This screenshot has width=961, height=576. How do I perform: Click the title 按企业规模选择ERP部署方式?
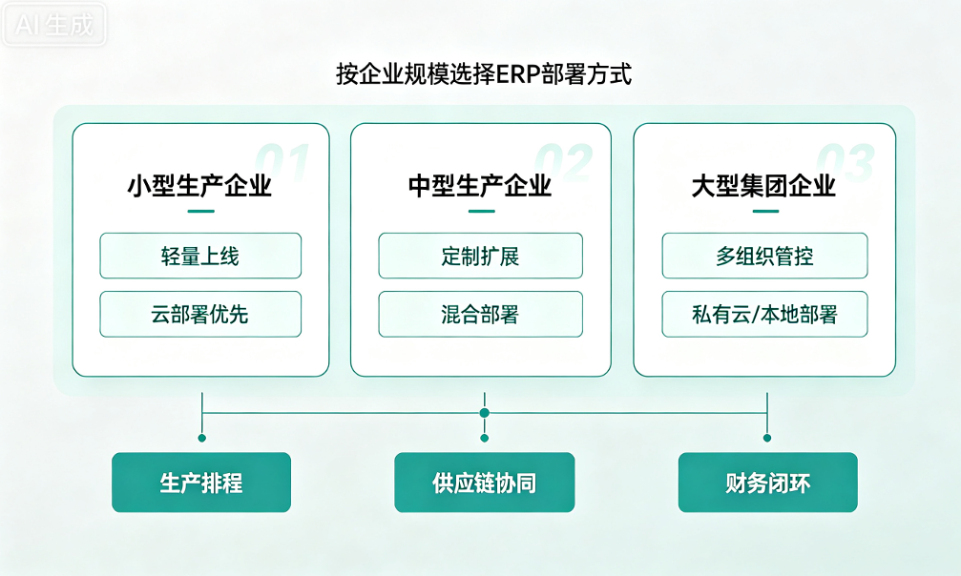pyautogui.click(x=484, y=74)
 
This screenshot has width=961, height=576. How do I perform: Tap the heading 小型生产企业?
pyautogui.click(x=199, y=186)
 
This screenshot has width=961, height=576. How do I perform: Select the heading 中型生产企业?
pyautogui.click(x=481, y=186)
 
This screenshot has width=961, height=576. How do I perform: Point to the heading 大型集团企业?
pyautogui.click(x=763, y=186)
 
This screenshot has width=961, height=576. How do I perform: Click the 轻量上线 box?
pyautogui.click(x=200, y=256)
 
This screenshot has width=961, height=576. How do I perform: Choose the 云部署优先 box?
pyautogui.click(x=200, y=314)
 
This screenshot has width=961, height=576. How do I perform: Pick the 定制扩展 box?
pyautogui.click(x=481, y=256)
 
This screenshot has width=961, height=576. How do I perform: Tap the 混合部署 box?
pyautogui.click(x=481, y=314)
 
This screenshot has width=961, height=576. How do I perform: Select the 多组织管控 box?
pyautogui.click(x=764, y=256)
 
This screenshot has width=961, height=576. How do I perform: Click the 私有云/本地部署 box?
pyautogui.click(x=764, y=314)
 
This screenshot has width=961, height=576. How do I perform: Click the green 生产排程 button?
pyautogui.click(x=201, y=483)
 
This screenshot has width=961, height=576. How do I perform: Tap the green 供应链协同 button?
pyautogui.click(x=484, y=483)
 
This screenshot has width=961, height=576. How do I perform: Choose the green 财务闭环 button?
pyautogui.click(x=767, y=483)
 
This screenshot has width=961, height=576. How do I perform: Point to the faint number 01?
pyautogui.click(x=282, y=163)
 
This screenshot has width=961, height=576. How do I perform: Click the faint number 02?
pyautogui.click(x=564, y=163)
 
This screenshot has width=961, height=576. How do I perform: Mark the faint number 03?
pyautogui.click(x=846, y=163)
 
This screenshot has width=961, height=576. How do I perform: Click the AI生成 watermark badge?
pyautogui.click(x=54, y=25)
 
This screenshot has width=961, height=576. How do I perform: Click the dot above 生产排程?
pyautogui.click(x=201, y=438)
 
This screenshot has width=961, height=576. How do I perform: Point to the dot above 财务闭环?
pyautogui.click(x=766, y=438)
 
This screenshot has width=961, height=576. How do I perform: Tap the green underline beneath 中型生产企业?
pyautogui.click(x=482, y=212)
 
